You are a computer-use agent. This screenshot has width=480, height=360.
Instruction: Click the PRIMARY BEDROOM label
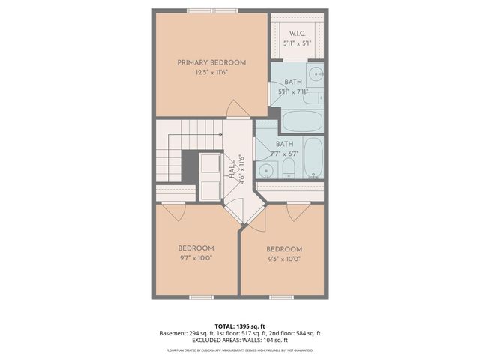click(x=211, y=62)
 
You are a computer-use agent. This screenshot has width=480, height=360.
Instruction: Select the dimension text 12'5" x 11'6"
click(x=211, y=73)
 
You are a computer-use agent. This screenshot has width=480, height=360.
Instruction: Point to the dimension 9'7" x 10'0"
click(x=196, y=258)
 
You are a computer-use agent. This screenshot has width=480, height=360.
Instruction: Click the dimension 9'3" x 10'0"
click(x=284, y=259)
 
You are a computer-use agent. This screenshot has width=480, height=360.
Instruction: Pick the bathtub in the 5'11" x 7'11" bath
click(x=302, y=121)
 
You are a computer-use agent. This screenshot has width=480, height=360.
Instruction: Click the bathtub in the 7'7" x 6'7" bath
click(x=314, y=157)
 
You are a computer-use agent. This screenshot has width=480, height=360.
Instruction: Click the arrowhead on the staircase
click(x=221, y=134)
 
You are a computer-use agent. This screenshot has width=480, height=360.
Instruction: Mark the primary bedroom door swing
click(x=238, y=108)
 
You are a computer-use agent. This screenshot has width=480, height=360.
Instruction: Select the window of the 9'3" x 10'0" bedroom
click(x=281, y=298)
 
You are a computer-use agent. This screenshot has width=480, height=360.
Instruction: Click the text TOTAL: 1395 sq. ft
click(x=239, y=326)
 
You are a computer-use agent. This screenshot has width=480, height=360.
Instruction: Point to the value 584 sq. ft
click(x=307, y=333)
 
